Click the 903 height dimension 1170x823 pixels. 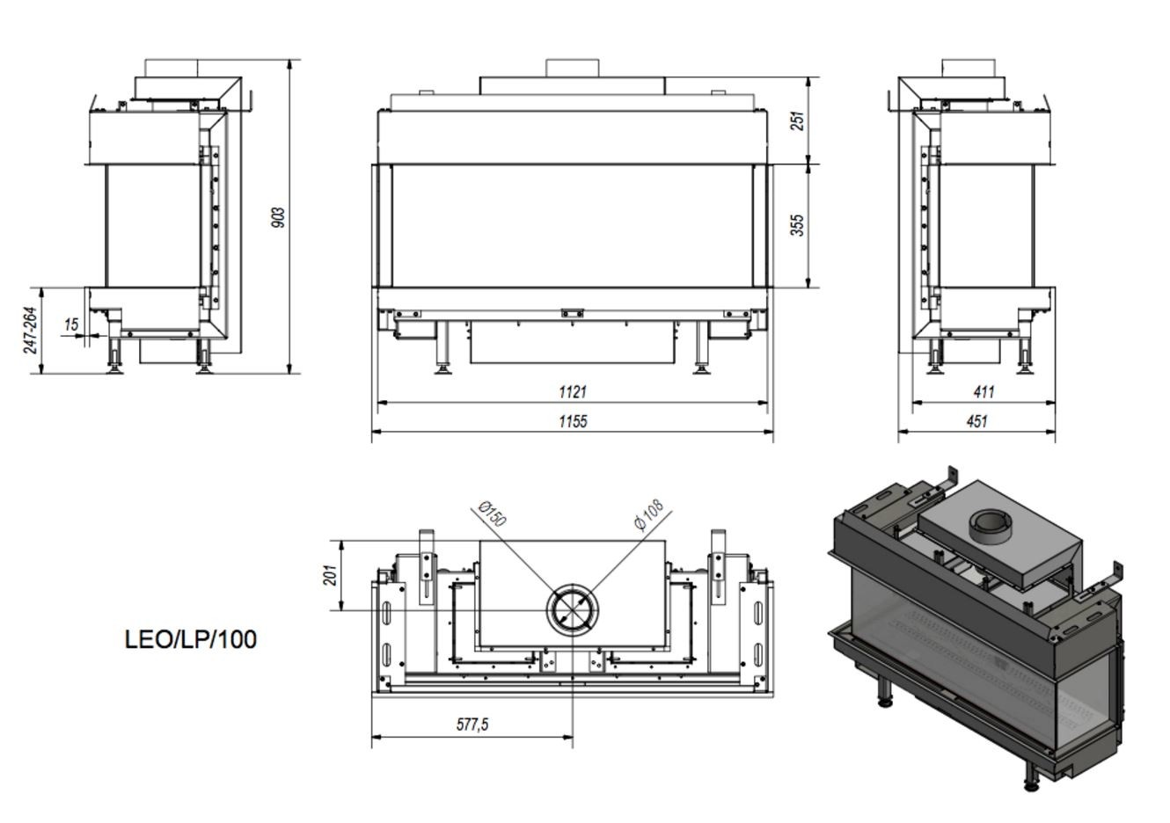(x=279, y=217)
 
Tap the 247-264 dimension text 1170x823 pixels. (x=31, y=331)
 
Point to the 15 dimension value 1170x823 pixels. (x=71, y=324)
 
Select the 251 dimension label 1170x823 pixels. (x=798, y=120)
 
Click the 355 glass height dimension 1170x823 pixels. (x=798, y=225)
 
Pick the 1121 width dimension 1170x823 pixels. (x=573, y=391)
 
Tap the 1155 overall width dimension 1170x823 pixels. (x=573, y=421)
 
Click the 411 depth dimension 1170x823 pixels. (x=984, y=391)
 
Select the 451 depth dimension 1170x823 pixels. (x=976, y=421)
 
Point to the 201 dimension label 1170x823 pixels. (x=331, y=575)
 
